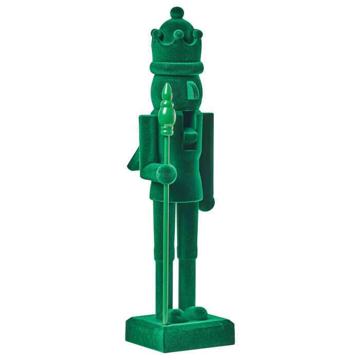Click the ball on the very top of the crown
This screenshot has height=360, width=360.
coord(177,12)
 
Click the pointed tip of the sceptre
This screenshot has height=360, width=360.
coord(166,91)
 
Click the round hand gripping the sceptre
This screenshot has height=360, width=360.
coord(166,174)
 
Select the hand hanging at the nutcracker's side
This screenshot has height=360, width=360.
coord(207,204)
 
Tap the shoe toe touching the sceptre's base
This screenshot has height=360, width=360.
coord(177,315)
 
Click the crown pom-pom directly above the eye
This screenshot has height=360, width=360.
coord(197,34)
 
